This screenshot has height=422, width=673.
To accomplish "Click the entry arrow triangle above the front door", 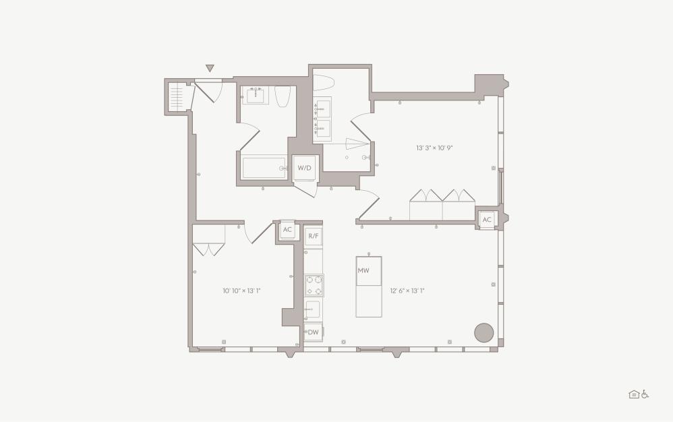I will click(210, 68).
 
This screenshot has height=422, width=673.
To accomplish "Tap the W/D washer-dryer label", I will click(305, 168).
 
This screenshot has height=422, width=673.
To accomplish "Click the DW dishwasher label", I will click(313, 332).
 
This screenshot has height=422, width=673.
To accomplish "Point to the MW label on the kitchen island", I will click(363, 270).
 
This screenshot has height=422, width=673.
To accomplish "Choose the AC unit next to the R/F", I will click(287, 230).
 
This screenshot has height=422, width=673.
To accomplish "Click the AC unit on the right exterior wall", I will click(486, 220).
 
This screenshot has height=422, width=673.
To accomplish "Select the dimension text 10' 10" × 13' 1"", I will click(241, 291).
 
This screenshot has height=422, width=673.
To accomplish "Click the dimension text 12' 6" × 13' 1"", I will click(407, 291).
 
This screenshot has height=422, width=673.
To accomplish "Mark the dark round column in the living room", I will click(484, 332).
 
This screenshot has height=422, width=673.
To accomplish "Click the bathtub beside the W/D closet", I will click(264, 167).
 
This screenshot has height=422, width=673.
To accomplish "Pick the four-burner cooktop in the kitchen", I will click(314, 285).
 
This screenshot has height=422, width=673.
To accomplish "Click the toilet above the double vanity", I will click(324, 83).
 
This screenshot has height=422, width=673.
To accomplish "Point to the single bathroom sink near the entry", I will click(256, 95).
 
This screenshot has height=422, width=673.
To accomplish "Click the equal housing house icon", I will click(634, 394).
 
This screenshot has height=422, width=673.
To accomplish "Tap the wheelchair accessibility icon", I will click(645, 394).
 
